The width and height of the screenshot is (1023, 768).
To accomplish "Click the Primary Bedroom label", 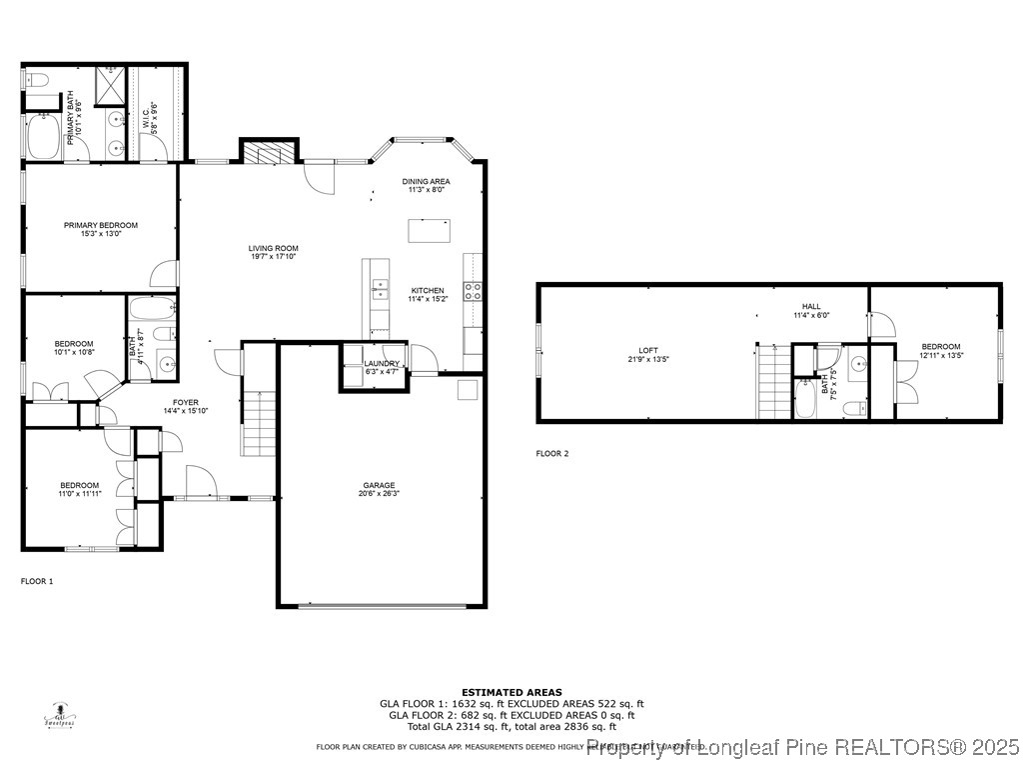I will (101, 225).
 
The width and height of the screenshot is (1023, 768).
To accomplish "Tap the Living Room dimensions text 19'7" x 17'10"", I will (273, 256).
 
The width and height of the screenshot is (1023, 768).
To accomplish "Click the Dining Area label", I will (427, 181).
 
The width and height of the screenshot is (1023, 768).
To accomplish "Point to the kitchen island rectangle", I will (429, 229).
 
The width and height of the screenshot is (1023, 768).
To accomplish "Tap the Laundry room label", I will (381, 364).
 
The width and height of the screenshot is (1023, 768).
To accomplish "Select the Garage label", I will (379, 485).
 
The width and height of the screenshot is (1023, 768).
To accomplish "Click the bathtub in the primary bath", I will (43, 137).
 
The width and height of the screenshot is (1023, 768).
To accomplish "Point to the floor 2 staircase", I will (772, 382).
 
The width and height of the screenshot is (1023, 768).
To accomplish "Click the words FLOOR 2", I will (551, 453).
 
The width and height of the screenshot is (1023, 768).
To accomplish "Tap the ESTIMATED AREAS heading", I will (511, 692).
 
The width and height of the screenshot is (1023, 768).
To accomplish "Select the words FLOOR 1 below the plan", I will (37, 580).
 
